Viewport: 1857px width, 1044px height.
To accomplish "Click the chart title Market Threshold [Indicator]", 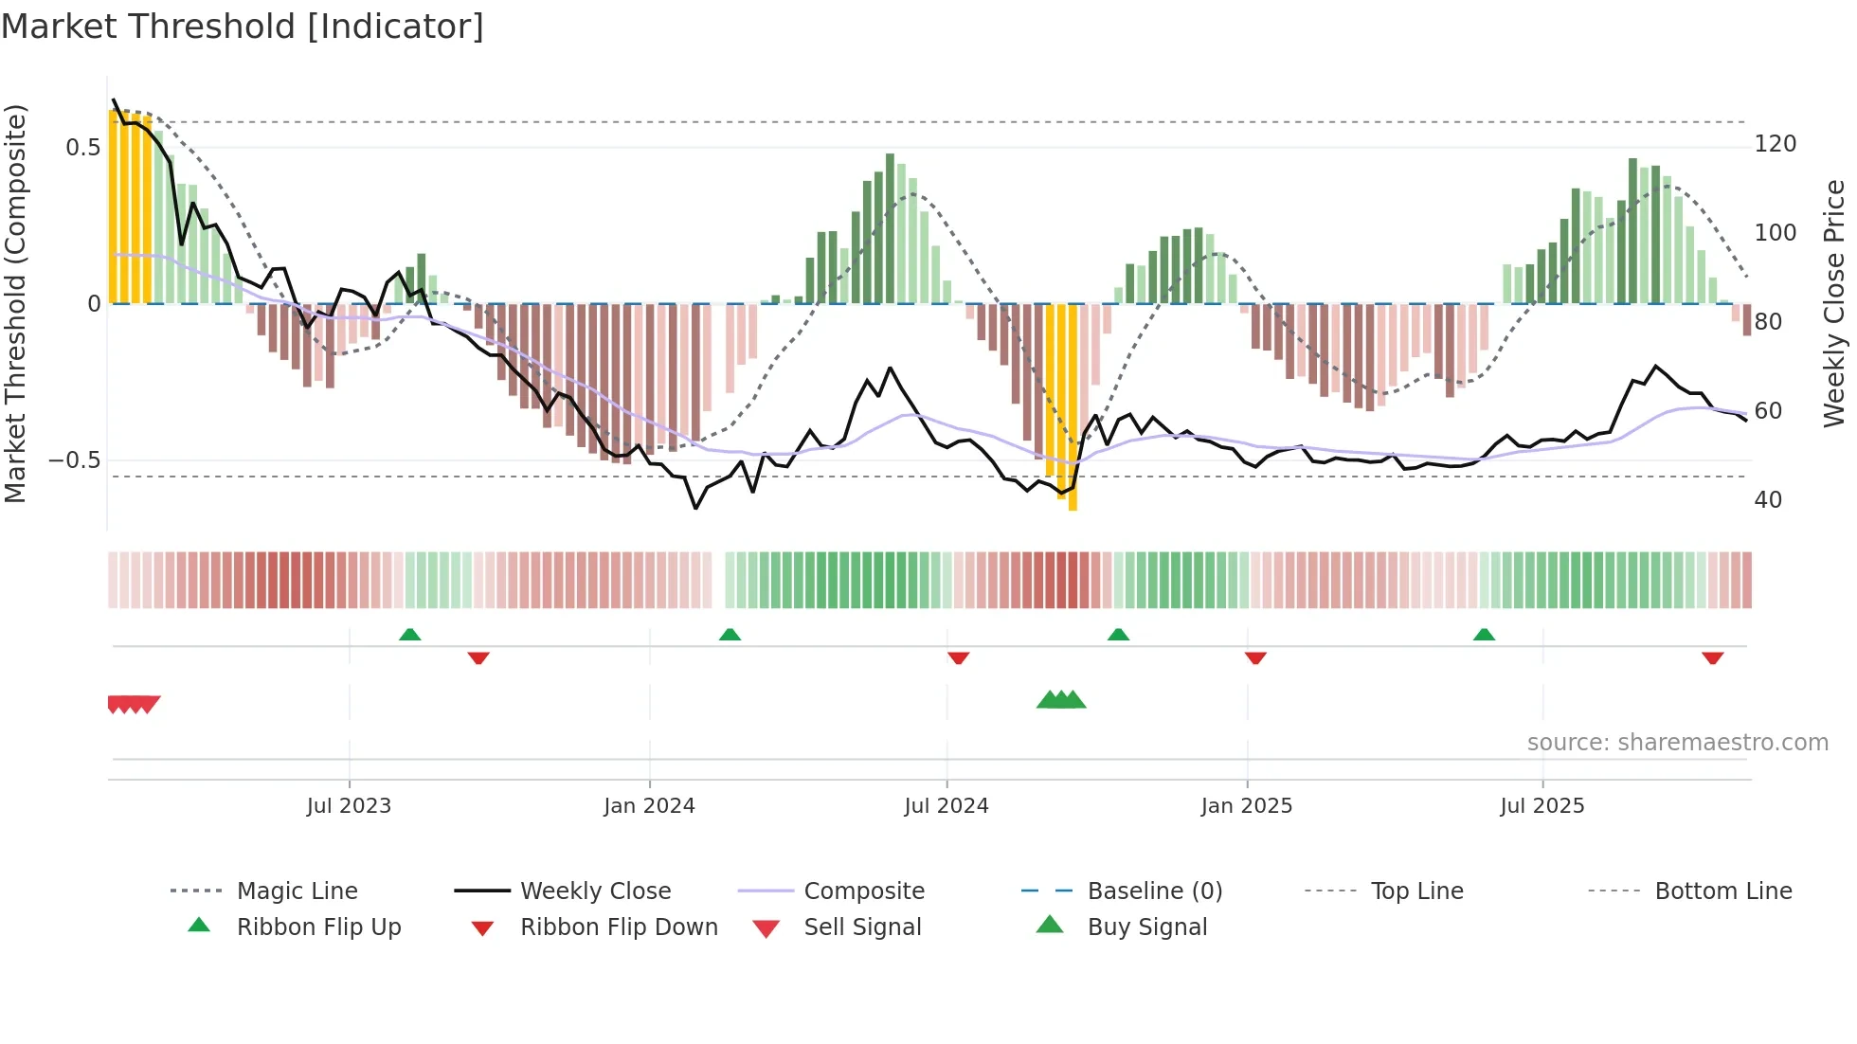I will [243, 27].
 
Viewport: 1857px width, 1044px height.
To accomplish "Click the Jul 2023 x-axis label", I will [349, 806].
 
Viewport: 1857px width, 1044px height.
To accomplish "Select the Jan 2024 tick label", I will [649, 806].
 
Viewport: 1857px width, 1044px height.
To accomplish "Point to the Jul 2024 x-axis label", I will [946, 806].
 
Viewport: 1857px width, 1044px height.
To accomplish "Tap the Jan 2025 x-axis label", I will [1246, 806].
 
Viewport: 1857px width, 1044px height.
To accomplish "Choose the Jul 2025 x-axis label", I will [1541, 806].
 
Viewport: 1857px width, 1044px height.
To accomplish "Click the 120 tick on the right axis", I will [1775, 144].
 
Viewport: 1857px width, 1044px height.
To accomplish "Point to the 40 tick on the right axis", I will [1767, 500].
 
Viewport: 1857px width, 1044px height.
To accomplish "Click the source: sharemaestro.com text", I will [1677, 743].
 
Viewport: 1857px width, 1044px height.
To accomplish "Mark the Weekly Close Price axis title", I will [1834, 303].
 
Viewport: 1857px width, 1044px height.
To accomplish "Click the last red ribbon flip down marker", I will [1712, 657].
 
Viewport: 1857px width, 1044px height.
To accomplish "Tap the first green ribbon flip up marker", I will [409, 635].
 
